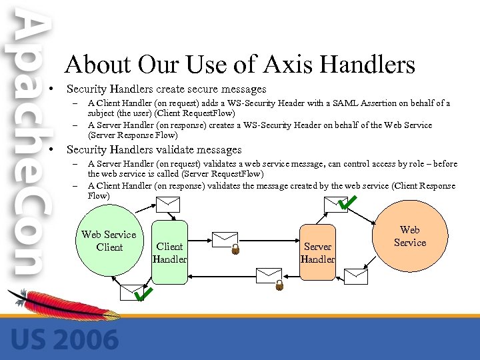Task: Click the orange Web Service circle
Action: coord(409,236)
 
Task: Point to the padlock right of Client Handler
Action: coord(235,250)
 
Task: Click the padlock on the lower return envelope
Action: coord(279,285)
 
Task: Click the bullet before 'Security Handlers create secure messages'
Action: coord(51,89)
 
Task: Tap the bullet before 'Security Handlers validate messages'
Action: coord(51,150)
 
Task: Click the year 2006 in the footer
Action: coord(85,339)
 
